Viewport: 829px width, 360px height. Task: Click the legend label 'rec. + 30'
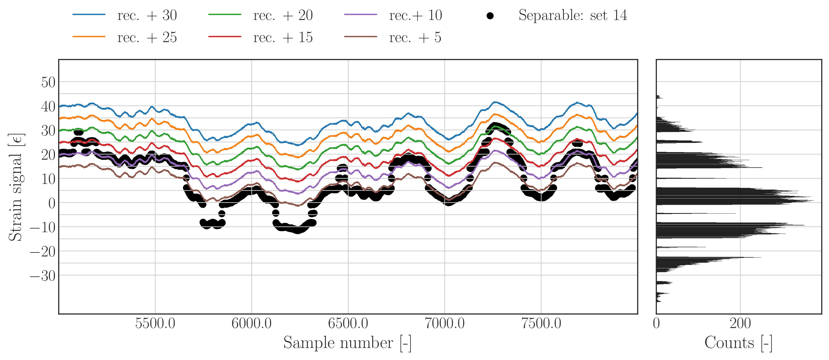click(147, 16)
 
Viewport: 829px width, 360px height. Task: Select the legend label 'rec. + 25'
click(147, 38)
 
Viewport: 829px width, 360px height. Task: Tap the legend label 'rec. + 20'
click(283, 16)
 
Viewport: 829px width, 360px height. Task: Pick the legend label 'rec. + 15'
click(283, 38)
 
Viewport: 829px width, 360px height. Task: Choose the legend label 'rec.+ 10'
click(415, 16)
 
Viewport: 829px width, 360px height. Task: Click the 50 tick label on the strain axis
click(48, 82)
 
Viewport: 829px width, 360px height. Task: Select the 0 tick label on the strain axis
click(52, 203)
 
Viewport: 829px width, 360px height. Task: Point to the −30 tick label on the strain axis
click(43, 276)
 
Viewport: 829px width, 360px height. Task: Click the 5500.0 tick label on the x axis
click(155, 323)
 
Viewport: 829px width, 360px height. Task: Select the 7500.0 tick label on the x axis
click(541, 323)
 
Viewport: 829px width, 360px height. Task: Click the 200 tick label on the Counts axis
click(740, 323)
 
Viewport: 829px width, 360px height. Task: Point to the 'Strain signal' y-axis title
click(16, 187)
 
